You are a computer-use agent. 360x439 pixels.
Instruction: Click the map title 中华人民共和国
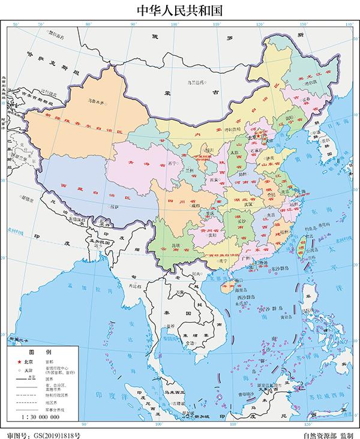[x=180, y=10]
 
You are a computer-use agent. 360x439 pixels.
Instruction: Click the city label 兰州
[x=190, y=170]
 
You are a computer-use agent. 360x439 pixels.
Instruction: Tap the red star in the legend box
[x=19, y=363]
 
